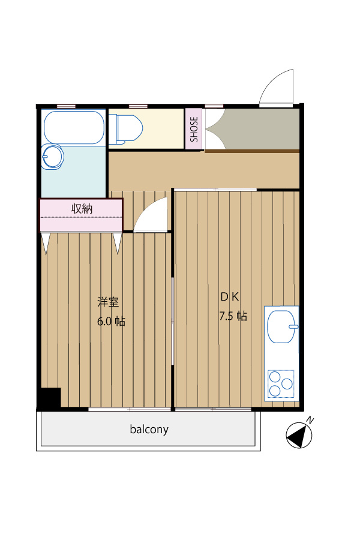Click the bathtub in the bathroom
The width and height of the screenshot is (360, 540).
click(74, 127)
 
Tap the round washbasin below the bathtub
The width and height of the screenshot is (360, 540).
click(52, 157)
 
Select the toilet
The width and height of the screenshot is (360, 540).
click(125, 129)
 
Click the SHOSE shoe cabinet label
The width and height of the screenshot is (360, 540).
click(194, 129)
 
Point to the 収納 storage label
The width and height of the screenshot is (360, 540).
click(82, 209)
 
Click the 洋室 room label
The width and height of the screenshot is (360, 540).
click(108, 302)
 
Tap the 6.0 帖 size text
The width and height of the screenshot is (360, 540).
click(111, 322)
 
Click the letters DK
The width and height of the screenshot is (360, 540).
click(230, 297)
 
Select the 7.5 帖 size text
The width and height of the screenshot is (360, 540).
click(233, 316)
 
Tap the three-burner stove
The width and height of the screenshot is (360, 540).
click(281, 383)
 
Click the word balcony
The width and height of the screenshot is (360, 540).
click(149, 430)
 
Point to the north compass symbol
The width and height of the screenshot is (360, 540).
click(299, 436)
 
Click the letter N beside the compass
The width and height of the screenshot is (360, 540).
click(310, 420)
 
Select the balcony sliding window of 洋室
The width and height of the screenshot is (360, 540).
click(130, 409)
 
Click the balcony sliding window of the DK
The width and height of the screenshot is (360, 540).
click(213, 409)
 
